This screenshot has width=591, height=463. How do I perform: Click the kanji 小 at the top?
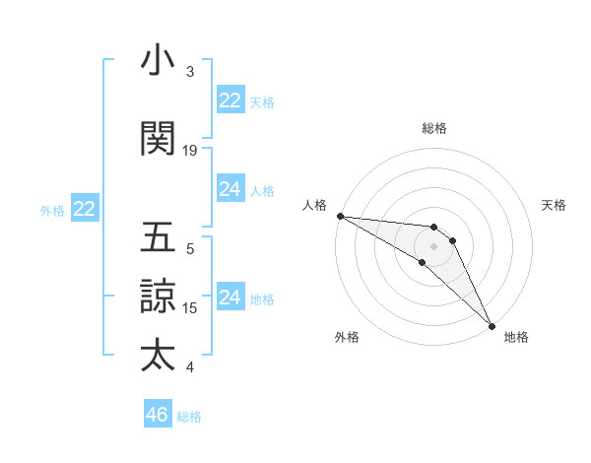(x=158, y=62)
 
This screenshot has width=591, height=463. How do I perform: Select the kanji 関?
(x=158, y=139)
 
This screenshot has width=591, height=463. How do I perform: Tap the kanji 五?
(x=158, y=238)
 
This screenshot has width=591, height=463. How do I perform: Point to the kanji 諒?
(x=158, y=296)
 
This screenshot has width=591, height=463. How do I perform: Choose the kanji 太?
(x=158, y=354)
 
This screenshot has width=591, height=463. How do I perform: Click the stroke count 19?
(x=190, y=151)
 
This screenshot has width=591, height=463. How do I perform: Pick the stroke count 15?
(x=190, y=307)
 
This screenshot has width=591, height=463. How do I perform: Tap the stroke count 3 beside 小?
(x=190, y=72)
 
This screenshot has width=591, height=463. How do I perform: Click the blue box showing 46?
(x=158, y=414)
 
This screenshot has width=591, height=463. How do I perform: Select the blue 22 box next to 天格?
(x=230, y=99)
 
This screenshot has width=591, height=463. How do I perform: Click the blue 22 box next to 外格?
(x=85, y=208)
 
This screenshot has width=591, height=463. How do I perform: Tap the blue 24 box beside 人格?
(x=230, y=189)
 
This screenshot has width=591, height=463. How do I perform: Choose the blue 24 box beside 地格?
(x=230, y=297)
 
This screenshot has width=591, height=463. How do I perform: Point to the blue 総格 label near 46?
(x=189, y=417)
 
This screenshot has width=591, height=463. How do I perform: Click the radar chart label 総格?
(x=434, y=128)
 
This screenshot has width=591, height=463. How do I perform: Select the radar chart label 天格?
(x=554, y=205)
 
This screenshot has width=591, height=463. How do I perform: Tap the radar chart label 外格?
(x=347, y=337)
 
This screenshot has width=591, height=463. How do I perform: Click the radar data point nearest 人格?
(x=340, y=216)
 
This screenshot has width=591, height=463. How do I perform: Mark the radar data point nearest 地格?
(x=492, y=325)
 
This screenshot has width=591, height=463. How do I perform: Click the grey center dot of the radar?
(x=433, y=245)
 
